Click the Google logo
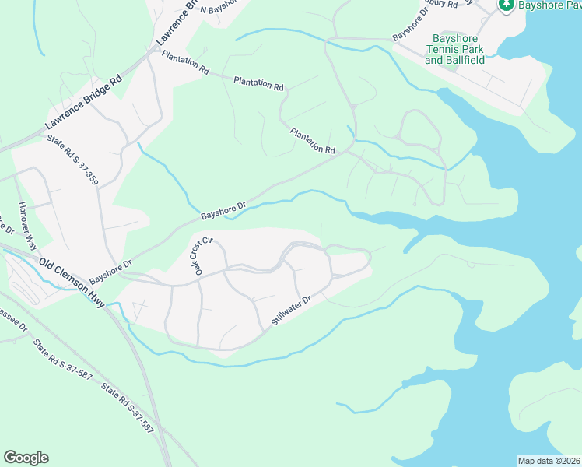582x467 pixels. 26,458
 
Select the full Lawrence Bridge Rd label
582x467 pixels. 84,102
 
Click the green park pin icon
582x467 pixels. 506,5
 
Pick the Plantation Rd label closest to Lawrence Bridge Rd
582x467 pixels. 185,62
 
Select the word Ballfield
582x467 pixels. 465,59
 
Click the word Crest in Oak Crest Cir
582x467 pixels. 199,255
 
